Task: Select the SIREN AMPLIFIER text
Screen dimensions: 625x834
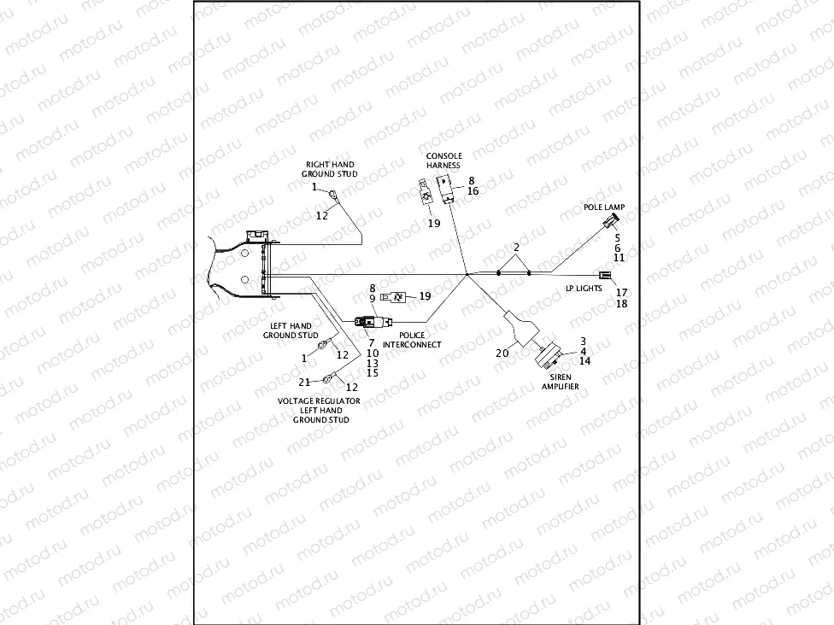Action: pyautogui.click(x=561, y=381)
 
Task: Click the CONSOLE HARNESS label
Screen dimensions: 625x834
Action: pyautogui.click(x=444, y=161)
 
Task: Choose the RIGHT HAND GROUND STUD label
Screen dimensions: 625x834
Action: pyautogui.click(x=329, y=169)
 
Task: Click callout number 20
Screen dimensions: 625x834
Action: pyautogui.click(x=502, y=352)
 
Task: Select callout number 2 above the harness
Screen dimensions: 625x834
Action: pyautogui.click(x=515, y=248)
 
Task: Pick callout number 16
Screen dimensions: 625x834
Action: pyautogui.click(x=473, y=191)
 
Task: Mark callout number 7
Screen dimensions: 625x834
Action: pyautogui.click(x=372, y=342)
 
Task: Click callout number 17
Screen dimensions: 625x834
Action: pyautogui.click(x=621, y=293)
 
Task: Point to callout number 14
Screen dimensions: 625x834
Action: pyautogui.click(x=584, y=361)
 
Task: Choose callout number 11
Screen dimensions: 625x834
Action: pyautogui.click(x=620, y=257)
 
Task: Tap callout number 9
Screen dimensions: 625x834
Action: pyautogui.click(x=373, y=298)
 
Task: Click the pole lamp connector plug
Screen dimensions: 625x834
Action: pyautogui.click(x=608, y=221)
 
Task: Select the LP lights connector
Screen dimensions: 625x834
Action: pyautogui.click(x=606, y=275)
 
